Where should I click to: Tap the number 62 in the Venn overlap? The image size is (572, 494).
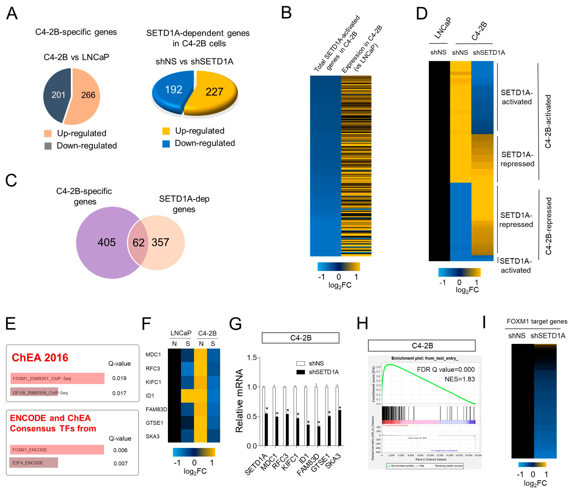pyautogui.click(x=138, y=243)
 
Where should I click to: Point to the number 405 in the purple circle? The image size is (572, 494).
pyautogui.click(x=107, y=242)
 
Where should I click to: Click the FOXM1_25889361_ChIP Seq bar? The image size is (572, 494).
pyautogui.click(x=57, y=378)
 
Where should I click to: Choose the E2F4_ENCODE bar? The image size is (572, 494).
pyautogui.click(x=34, y=463)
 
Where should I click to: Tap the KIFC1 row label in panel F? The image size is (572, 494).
pyautogui.click(x=153, y=382)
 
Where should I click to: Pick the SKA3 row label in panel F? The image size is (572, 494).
pyautogui.click(x=152, y=437)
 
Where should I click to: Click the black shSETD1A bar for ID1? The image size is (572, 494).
pyautogui.click(x=308, y=435)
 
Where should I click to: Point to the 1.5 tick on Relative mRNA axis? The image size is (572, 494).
pyautogui.click(x=252, y=358)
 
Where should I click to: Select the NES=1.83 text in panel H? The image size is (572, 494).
pyautogui.click(x=460, y=379)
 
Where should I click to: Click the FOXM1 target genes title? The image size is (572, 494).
pyautogui.click(x=537, y=321)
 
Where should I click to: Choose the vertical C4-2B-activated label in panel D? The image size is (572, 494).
pyautogui.click(x=548, y=122)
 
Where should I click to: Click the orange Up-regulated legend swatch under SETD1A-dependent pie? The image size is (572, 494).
pyautogui.click(x=166, y=131)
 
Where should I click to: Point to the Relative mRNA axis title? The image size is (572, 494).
pyautogui.click(x=239, y=401)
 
